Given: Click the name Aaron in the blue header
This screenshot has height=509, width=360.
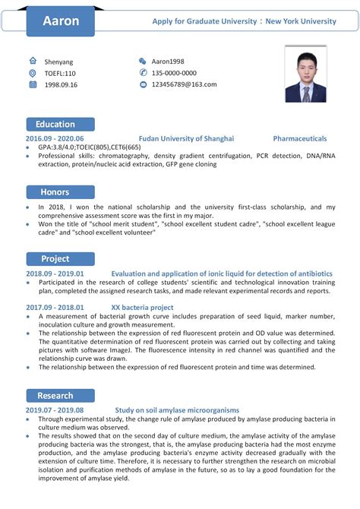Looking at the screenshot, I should pyautogui.click(x=61, y=21).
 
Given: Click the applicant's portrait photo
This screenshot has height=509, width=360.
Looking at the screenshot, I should pyautogui.click(x=305, y=74).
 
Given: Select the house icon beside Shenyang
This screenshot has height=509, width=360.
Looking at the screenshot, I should pyautogui.click(x=33, y=61).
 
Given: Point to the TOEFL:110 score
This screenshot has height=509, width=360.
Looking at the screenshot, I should pyautogui.click(x=60, y=73).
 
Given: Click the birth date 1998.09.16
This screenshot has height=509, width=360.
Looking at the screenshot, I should pyautogui.click(x=61, y=84).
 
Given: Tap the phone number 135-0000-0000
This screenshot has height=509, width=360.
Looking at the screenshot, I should pyautogui.click(x=173, y=73).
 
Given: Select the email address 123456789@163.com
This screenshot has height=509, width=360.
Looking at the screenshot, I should pyautogui.click(x=184, y=84).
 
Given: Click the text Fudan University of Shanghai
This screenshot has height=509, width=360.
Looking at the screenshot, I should pyautogui.click(x=187, y=139).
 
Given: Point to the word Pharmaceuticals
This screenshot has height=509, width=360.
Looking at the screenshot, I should pyautogui.click(x=300, y=139).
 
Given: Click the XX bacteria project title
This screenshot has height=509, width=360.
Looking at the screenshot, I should pyautogui.click(x=142, y=308).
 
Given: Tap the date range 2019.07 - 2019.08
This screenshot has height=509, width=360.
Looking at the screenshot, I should pyautogui.click(x=54, y=409).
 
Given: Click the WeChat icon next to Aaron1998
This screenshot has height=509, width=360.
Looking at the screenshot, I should pyautogui.click(x=142, y=61).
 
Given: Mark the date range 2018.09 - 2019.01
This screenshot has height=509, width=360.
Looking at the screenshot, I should pyautogui.click(x=55, y=273).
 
